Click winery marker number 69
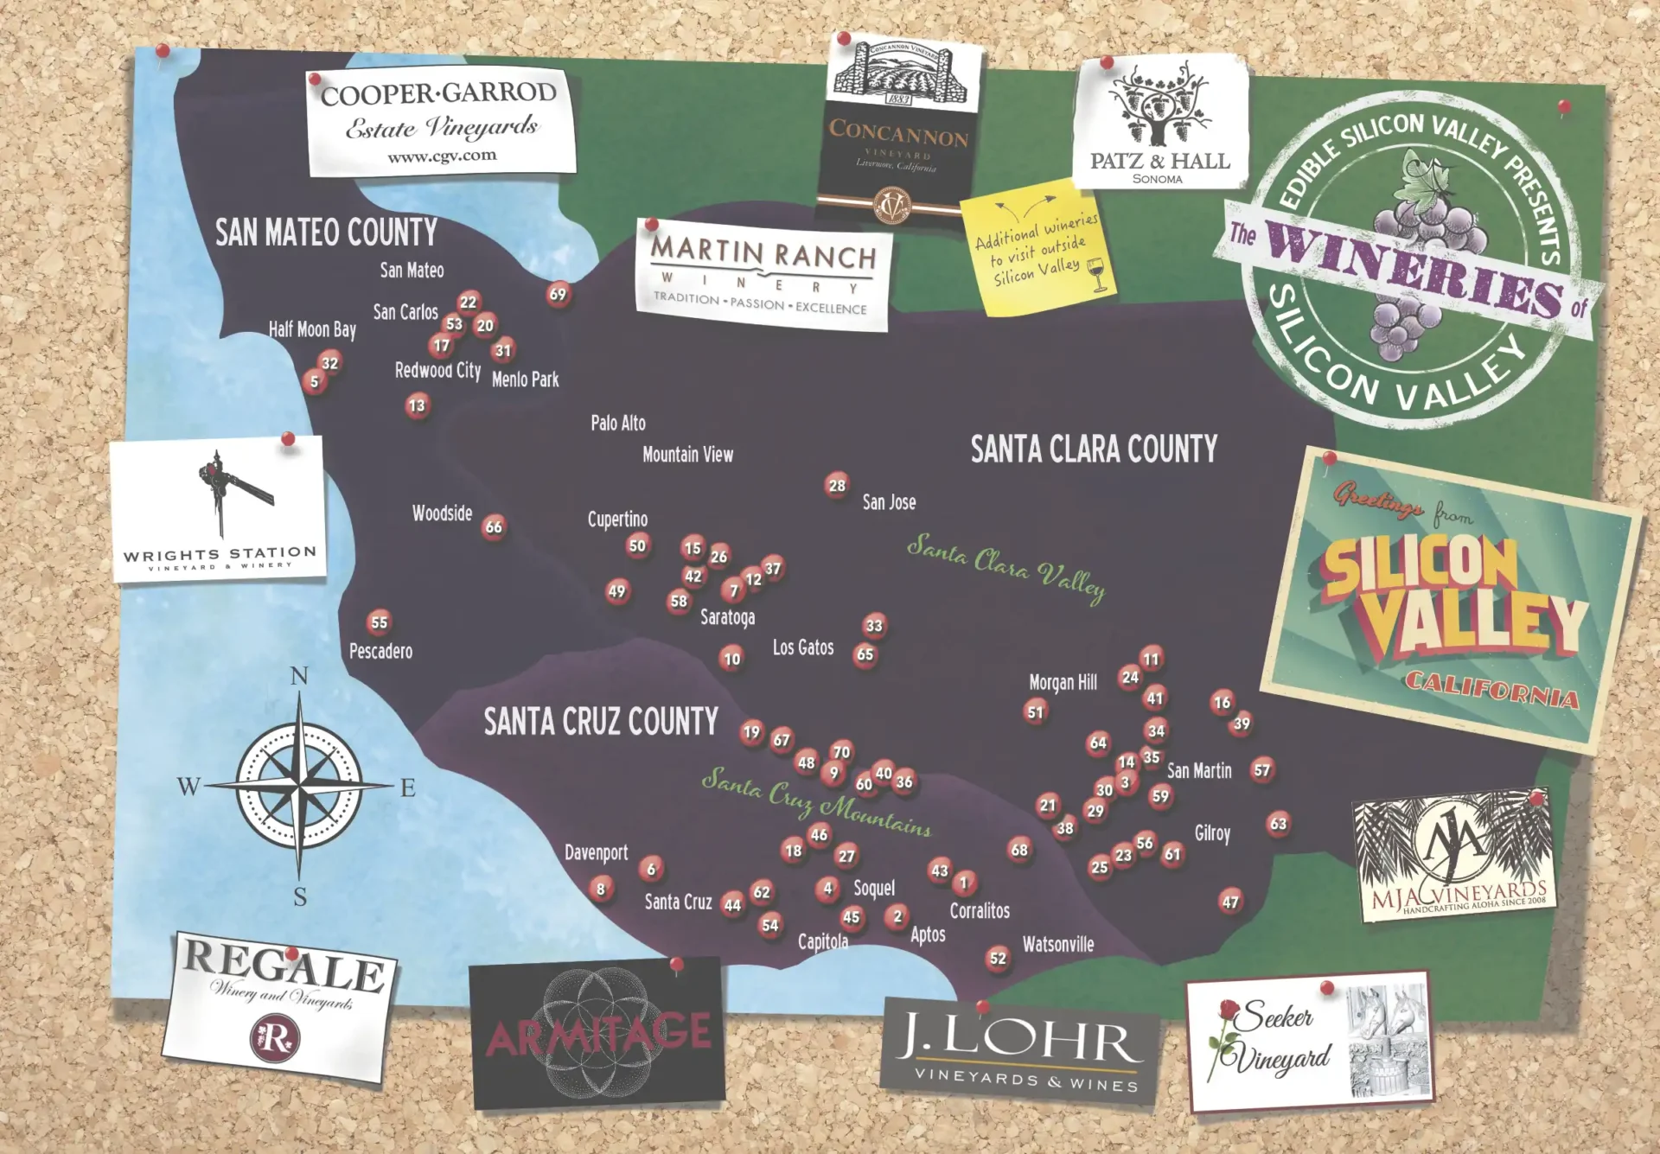point(558,294)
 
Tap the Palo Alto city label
point(617,423)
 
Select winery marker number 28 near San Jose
point(836,485)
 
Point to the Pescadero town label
point(380,651)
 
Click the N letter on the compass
point(299,675)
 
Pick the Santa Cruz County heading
point(600,721)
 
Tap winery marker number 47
point(1229,902)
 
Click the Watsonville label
point(1057,944)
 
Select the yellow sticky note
point(1038,250)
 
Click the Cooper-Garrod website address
point(442,156)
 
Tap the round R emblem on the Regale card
point(275,1036)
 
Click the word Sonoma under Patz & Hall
point(1157,179)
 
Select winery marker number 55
point(379,622)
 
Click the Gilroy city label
point(1212,833)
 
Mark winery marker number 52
point(998,958)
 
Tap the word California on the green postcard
point(1491,689)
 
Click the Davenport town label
point(596,852)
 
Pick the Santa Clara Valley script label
point(1006,567)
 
